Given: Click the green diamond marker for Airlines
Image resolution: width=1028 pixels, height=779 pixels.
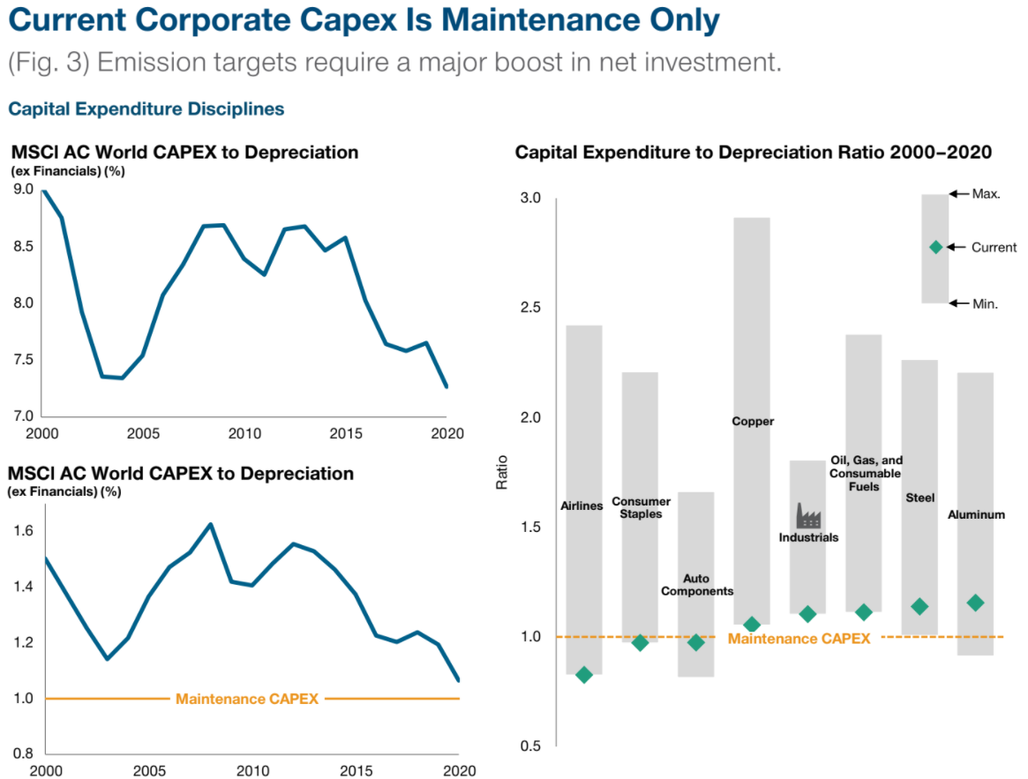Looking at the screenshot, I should pyautogui.click(x=584, y=675).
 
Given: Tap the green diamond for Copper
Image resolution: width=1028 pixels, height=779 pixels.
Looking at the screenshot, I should pyautogui.click(x=752, y=625).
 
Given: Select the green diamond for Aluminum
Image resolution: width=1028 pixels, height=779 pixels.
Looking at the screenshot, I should pyautogui.click(x=975, y=603).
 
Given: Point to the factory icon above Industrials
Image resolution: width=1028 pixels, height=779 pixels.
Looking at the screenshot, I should pyautogui.click(x=808, y=515).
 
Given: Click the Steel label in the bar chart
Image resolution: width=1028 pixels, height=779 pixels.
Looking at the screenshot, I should pyautogui.click(x=919, y=498).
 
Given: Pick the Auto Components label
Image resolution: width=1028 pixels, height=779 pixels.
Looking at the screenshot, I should pyautogui.click(x=696, y=585).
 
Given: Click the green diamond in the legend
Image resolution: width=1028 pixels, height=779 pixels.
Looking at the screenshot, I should pyautogui.click(x=935, y=247).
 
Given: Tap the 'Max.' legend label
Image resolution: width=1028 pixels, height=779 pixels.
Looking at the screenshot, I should pyautogui.click(x=986, y=194).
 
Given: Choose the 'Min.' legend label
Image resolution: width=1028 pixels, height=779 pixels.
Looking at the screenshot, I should pyautogui.click(x=985, y=303).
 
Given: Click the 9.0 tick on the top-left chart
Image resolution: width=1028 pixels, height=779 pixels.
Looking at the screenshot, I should pyautogui.click(x=23, y=189).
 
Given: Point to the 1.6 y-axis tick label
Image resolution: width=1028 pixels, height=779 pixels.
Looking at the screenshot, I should pyautogui.click(x=24, y=530).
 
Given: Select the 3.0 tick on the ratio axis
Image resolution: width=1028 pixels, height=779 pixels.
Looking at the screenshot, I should pyautogui.click(x=529, y=198).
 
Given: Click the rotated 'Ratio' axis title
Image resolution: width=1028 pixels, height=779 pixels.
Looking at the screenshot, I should pyautogui.click(x=502, y=472).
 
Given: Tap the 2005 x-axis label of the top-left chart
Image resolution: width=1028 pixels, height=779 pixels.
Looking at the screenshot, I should pyautogui.click(x=144, y=434).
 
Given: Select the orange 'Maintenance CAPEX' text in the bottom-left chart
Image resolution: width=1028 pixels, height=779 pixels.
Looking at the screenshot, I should pyautogui.click(x=246, y=699).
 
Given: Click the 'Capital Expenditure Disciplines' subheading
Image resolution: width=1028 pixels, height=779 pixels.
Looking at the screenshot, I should pyautogui.click(x=146, y=109).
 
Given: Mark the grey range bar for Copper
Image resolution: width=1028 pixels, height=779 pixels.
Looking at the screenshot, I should pyautogui.click(x=752, y=353).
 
